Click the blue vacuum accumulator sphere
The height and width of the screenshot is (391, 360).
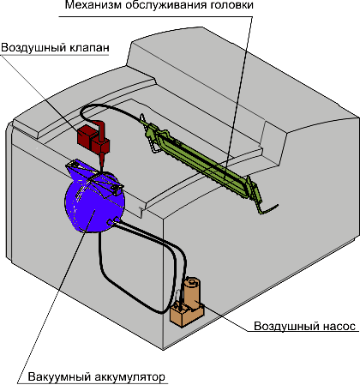94,206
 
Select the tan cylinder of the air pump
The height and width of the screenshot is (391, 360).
193,292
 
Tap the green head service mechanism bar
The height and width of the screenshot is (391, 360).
200,161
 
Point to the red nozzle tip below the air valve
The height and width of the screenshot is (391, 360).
102,162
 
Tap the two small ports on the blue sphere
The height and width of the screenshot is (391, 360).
113,220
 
